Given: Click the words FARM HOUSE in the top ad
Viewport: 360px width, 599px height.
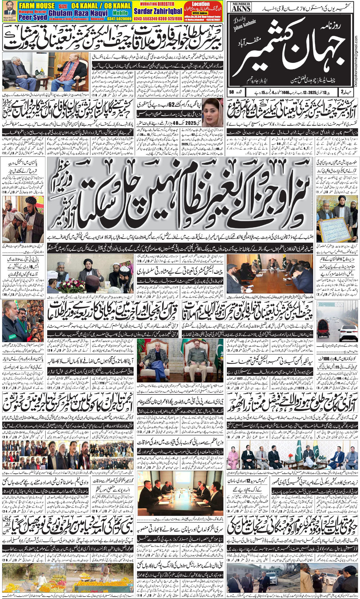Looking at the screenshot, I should point(36,5).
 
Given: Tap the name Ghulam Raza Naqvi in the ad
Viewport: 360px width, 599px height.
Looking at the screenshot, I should point(78,13).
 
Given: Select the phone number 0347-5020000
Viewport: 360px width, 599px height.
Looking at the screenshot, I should point(118,18).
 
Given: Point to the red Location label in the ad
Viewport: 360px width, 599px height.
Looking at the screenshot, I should point(201,4).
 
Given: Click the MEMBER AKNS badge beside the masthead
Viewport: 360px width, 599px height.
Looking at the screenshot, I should point(241,7).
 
